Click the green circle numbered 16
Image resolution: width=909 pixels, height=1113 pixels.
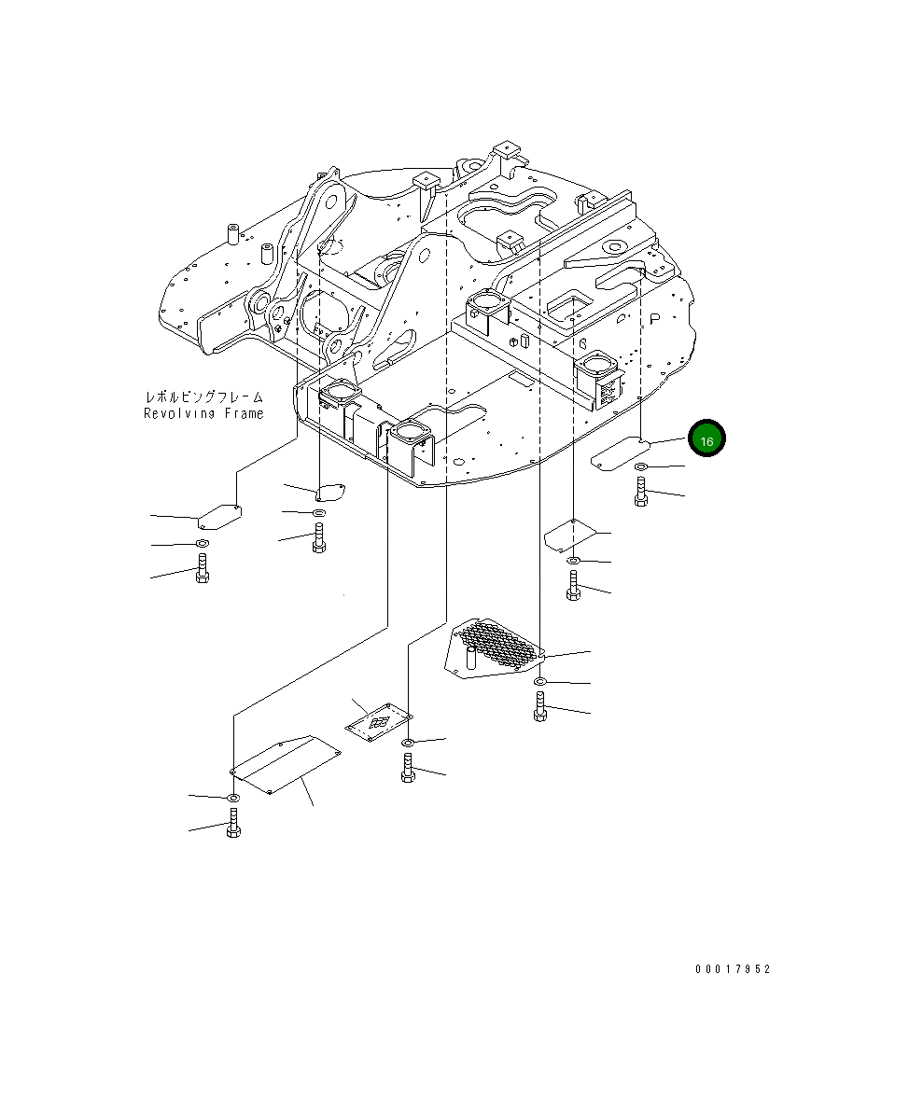(x=706, y=439)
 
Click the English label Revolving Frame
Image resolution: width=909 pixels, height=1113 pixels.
(x=203, y=413)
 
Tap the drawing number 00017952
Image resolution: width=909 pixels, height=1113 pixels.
(x=733, y=969)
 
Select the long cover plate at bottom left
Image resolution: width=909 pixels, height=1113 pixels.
(x=284, y=764)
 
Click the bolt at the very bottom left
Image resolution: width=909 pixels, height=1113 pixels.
(x=233, y=824)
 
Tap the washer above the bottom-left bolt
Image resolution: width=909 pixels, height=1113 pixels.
(x=232, y=798)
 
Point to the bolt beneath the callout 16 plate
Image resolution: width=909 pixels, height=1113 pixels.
(x=640, y=491)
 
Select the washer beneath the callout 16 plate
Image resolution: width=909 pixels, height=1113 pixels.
(x=641, y=466)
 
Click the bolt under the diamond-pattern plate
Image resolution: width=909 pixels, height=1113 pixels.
(x=407, y=768)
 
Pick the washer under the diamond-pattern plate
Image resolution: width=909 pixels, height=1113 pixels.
(x=408, y=743)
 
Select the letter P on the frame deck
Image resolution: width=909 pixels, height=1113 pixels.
(x=655, y=317)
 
